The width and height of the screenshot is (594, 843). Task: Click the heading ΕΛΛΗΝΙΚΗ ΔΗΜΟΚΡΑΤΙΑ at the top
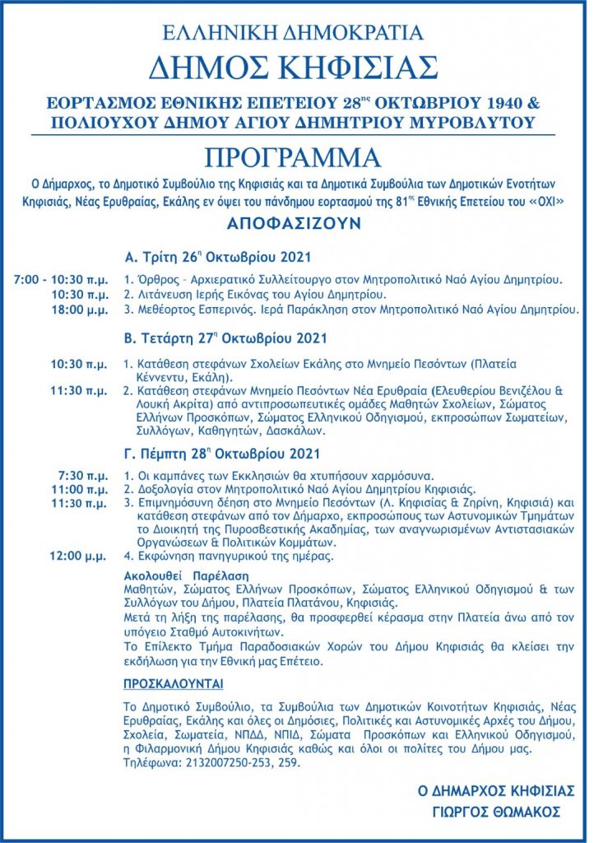pyautogui.click(x=294, y=33)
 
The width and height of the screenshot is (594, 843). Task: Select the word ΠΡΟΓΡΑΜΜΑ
pyautogui.click(x=294, y=156)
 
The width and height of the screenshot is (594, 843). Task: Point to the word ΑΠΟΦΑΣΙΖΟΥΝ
pyautogui.click(x=294, y=223)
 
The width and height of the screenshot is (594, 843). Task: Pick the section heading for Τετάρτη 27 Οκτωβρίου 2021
pyautogui.click(x=225, y=338)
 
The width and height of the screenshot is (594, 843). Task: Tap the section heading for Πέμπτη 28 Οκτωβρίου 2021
pyautogui.click(x=222, y=454)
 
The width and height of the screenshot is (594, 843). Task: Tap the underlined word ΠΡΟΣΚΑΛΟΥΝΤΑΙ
pyautogui.click(x=173, y=684)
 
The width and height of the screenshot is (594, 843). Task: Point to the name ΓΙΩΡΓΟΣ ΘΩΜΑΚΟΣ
pyautogui.click(x=496, y=811)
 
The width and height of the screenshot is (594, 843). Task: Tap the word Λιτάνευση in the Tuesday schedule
pyautogui.click(x=165, y=294)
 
